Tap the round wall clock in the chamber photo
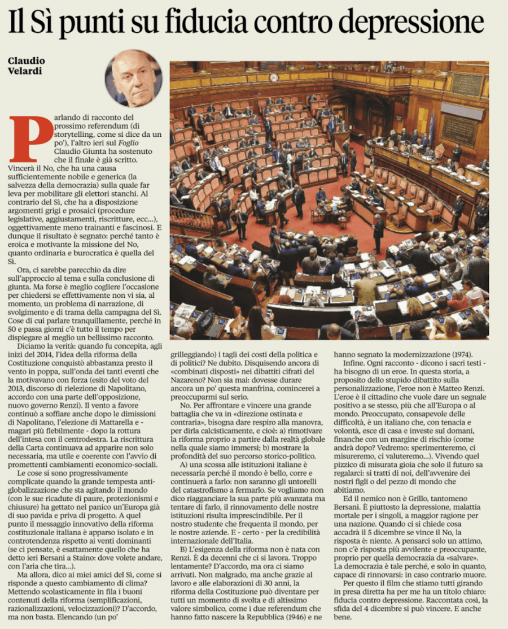coord(274,77)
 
